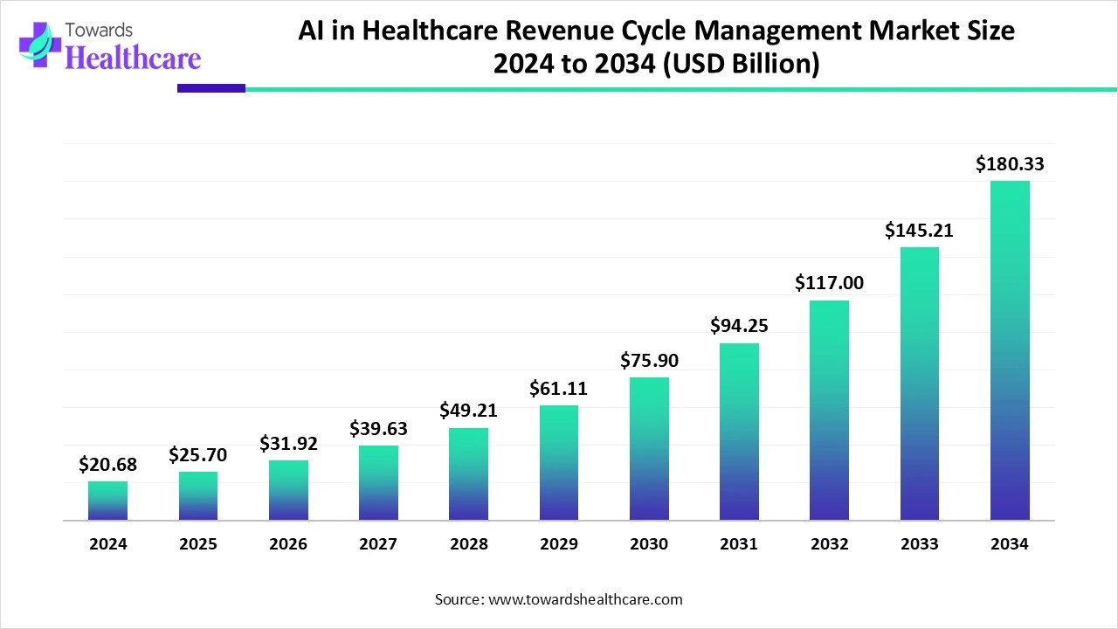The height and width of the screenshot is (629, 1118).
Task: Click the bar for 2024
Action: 107,501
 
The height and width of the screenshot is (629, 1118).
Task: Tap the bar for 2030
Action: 649,449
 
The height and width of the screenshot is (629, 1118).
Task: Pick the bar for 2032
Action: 829,411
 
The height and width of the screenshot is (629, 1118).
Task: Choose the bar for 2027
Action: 378,483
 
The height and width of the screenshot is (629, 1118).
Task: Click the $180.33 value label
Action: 1010,163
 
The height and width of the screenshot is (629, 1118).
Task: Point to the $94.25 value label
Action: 739,325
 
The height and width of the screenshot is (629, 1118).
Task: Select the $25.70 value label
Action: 198,454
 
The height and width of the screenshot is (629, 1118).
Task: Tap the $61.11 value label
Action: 558,389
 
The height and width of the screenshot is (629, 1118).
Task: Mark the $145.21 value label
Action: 919,231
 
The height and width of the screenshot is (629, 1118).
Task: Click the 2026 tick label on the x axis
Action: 288,543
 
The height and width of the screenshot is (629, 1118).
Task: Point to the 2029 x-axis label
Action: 558,543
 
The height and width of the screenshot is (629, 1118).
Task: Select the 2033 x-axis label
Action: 919,543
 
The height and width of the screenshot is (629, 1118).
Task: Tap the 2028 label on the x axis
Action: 468,543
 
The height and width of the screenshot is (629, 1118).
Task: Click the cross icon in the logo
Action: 35,45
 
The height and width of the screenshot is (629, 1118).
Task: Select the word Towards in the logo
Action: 100,30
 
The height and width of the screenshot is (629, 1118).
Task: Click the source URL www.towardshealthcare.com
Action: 584,599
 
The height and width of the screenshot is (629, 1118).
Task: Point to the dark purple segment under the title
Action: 210,87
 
